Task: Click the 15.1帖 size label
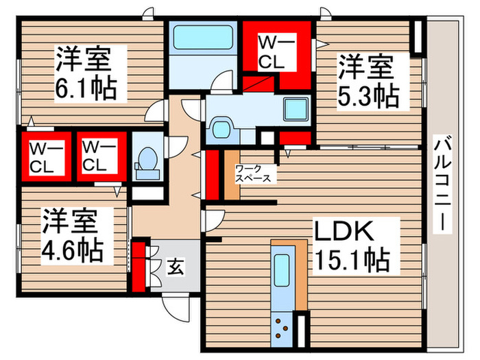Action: (352, 260)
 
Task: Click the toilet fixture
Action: (145, 160)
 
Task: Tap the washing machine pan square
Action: (297, 110)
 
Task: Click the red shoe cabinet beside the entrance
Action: (139, 265)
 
